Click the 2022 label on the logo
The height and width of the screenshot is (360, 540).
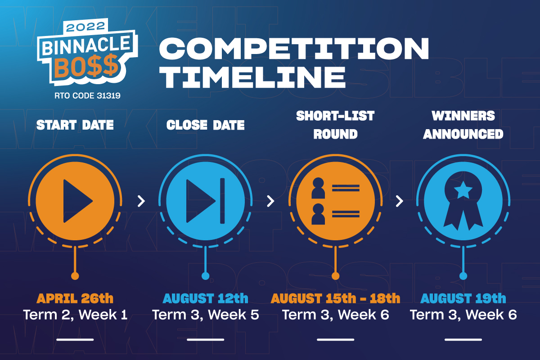85,27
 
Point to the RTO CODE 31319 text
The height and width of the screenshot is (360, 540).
87,96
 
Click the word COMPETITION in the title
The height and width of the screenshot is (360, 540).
294,49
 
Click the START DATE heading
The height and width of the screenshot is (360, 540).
75,125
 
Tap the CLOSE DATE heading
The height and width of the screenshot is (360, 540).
205,125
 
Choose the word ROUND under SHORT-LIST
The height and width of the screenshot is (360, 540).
335,134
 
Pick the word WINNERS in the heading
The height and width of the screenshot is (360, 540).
463,116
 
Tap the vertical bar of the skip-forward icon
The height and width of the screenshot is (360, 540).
222,201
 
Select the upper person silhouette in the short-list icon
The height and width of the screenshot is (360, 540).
318,188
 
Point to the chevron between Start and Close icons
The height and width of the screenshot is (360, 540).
141,201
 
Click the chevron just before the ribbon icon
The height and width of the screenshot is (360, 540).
400,201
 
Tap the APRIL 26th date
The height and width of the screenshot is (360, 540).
75,298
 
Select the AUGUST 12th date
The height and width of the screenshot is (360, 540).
205,298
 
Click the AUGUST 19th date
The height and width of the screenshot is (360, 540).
463,298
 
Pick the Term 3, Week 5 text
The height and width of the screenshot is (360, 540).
205,315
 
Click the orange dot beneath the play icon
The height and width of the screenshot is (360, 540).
75,276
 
